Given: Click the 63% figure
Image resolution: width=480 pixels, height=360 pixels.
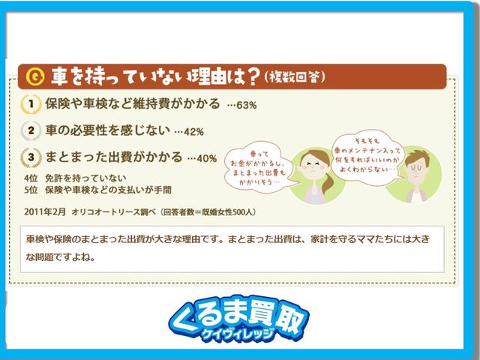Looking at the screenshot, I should coord(247,106).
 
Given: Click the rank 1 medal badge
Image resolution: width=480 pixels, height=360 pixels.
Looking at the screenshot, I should coord(31,103).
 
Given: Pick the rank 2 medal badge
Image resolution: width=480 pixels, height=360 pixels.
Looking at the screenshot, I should coord(31,130).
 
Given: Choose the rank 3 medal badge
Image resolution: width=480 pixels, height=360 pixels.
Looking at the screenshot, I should coord(31,157).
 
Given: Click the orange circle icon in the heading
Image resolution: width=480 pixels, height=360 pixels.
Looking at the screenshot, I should coord(34,76).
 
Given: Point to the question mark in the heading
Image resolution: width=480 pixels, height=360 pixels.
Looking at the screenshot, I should coord(253,76).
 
